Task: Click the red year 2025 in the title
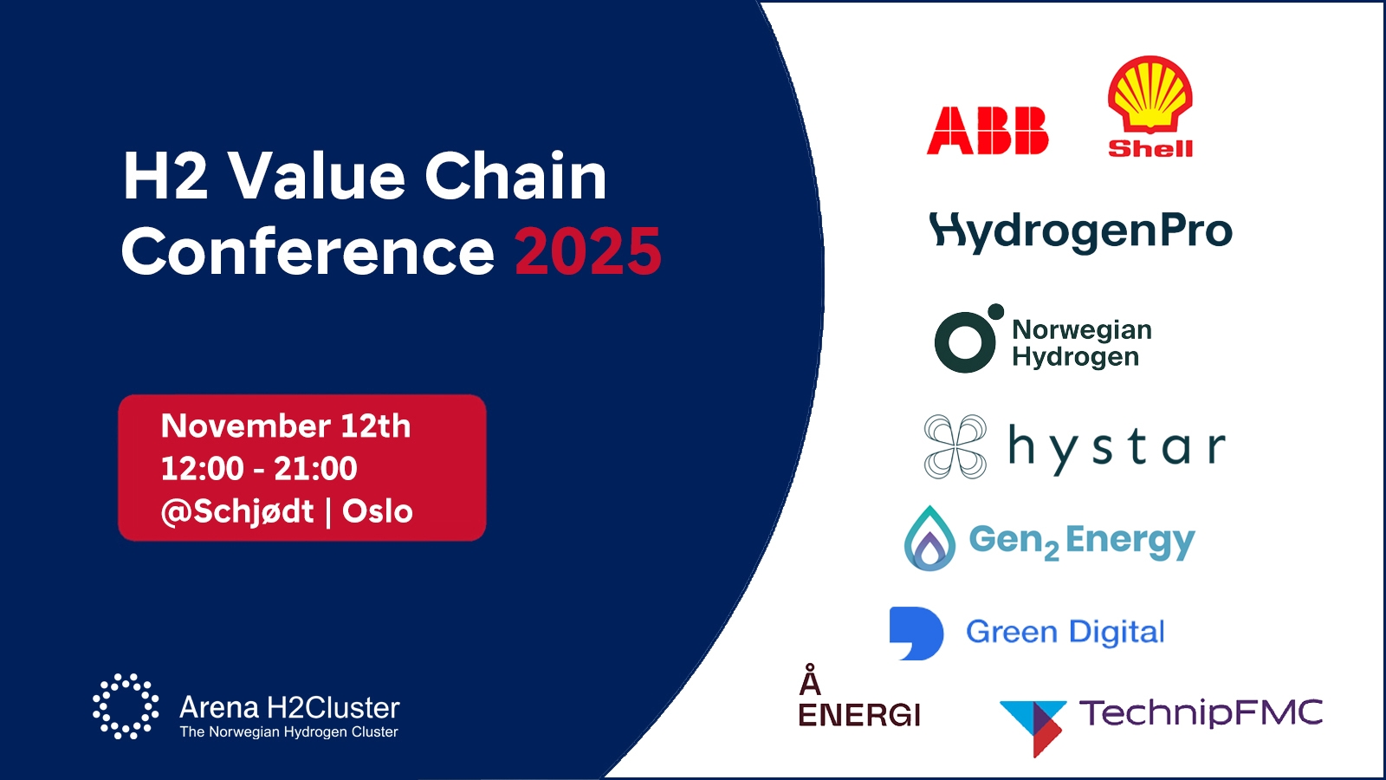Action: [x=588, y=251]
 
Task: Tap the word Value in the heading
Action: [x=317, y=177]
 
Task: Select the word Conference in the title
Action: [x=308, y=251]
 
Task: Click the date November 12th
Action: [x=285, y=426]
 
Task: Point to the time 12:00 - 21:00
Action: [x=259, y=468]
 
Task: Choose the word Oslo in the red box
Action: [x=378, y=511]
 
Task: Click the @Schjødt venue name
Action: [x=237, y=512]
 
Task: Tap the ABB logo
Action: [x=988, y=130]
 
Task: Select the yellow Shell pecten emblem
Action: [x=1150, y=94]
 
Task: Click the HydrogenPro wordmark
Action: [x=1080, y=232]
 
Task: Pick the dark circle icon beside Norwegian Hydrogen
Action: [x=965, y=341]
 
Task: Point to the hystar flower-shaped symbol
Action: [x=955, y=446]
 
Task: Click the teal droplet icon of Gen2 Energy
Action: [x=929, y=538]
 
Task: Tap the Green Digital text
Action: [x=1065, y=632]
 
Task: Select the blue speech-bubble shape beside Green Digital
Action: [x=916, y=633]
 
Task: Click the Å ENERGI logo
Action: [x=859, y=696]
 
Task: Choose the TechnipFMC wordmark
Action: [x=1201, y=712]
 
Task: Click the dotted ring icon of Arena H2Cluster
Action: [x=126, y=705]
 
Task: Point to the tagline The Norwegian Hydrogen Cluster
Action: [x=289, y=731]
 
